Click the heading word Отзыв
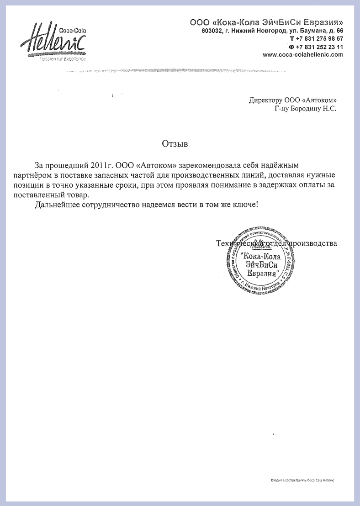coord(175,143)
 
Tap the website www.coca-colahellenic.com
coord(303,55)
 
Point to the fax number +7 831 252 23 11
coord(319,47)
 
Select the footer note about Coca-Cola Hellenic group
coord(302,480)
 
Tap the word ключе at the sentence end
coord(245,205)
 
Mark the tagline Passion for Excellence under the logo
coord(62,59)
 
